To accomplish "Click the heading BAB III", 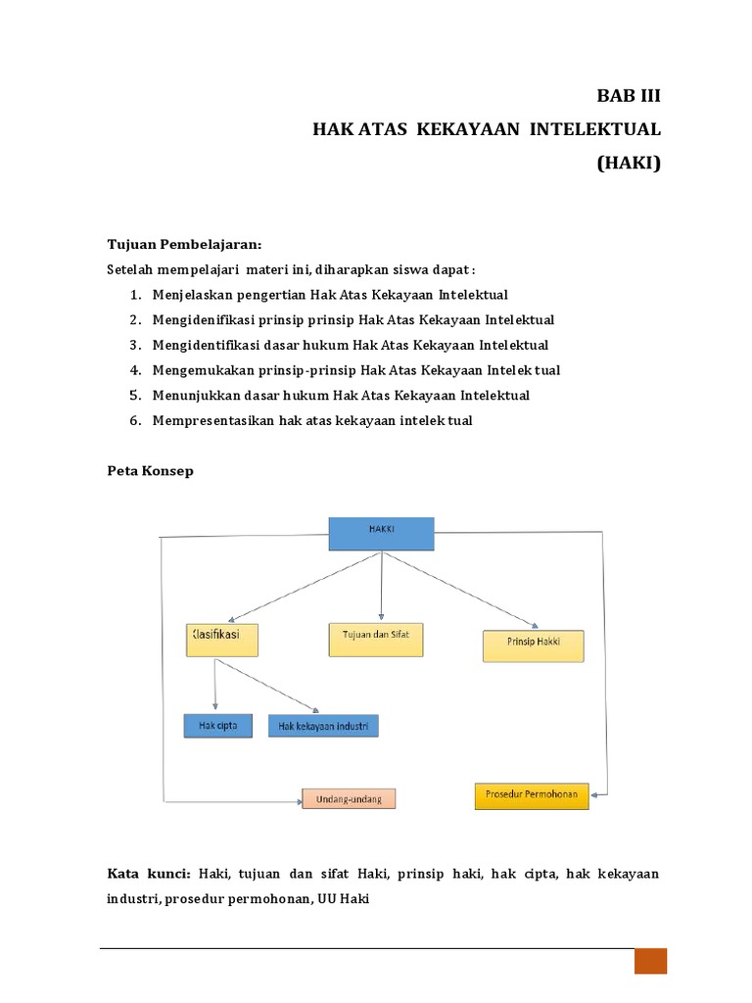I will click(629, 96).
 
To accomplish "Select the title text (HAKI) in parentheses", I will click(629, 164).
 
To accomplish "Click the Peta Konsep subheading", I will click(150, 471).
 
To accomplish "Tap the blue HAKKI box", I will click(380, 534).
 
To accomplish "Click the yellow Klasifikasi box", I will click(221, 640).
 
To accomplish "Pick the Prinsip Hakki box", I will click(533, 645).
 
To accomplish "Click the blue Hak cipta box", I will click(217, 726).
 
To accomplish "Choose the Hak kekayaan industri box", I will click(322, 727).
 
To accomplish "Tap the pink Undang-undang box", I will click(348, 798).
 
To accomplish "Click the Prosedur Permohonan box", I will click(532, 795).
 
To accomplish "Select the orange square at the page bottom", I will click(650, 960).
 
